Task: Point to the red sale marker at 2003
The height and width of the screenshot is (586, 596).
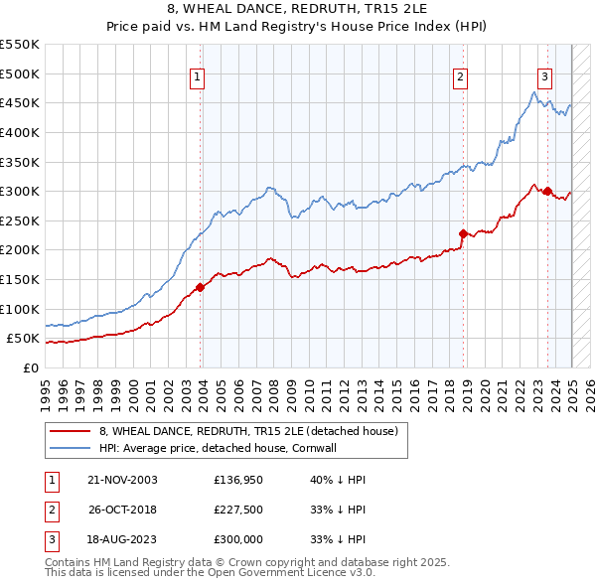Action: (x=200, y=287)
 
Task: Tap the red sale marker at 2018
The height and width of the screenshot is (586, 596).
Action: (x=463, y=234)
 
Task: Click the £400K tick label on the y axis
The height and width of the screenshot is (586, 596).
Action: (x=21, y=132)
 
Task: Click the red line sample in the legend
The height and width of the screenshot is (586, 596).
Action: (x=69, y=431)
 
